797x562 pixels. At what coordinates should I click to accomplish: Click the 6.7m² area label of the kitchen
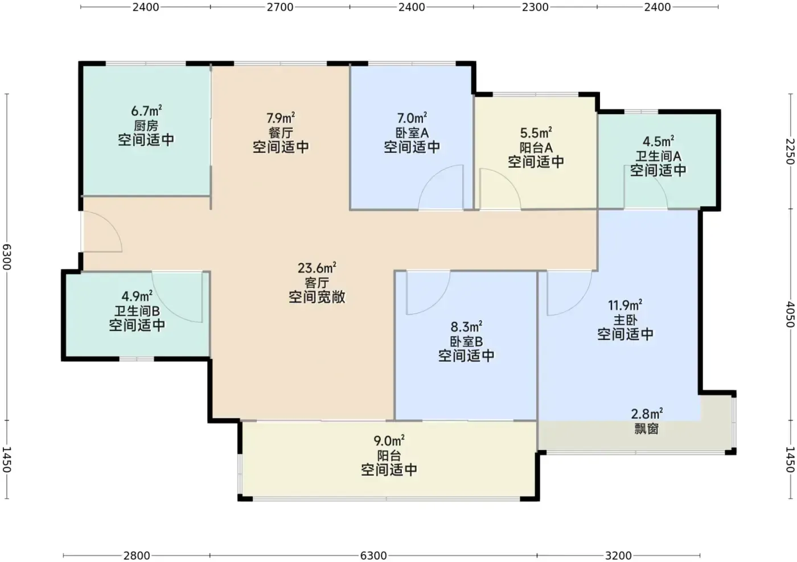point(146,111)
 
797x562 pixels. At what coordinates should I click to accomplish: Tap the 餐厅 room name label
point(281,133)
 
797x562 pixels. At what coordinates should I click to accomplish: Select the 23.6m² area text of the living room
point(317,268)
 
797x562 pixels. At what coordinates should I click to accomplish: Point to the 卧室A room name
point(412,133)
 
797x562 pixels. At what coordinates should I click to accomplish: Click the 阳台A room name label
point(536,147)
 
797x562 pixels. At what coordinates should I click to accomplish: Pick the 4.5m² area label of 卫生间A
point(658,142)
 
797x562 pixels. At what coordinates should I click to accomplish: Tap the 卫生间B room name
point(137,311)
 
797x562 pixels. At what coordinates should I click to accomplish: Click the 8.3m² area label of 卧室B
point(466,327)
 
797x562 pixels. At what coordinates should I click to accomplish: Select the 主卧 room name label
point(625,320)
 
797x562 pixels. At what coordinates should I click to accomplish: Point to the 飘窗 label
point(647,429)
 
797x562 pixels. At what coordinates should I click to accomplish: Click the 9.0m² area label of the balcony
point(389,441)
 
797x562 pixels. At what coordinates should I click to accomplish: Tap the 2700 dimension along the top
point(280,7)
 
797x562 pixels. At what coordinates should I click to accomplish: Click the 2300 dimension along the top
point(535,7)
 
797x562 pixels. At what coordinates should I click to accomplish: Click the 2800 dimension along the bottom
point(137,555)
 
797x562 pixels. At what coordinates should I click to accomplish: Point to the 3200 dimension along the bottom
point(618,555)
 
